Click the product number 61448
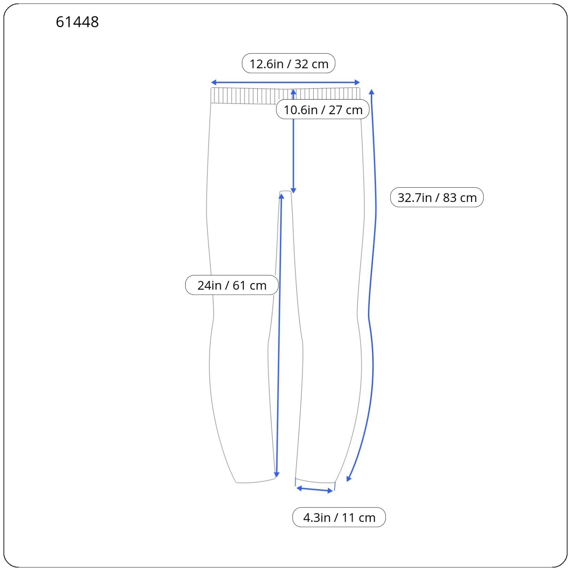point(77,22)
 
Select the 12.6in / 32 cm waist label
point(289,64)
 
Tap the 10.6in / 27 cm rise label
point(323,109)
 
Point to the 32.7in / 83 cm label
point(437,197)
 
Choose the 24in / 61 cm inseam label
point(232,285)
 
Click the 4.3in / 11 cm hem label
point(339,517)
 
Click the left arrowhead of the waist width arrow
point(213,82)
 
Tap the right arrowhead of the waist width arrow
point(358,82)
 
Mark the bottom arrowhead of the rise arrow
point(293,191)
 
